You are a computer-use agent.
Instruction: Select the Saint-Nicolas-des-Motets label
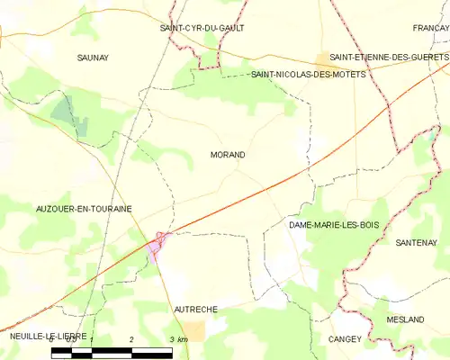click(x=309, y=75)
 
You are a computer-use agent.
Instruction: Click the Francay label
click(x=430, y=28)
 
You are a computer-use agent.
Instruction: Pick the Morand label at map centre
click(x=227, y=155)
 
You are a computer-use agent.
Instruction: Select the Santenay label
click(x=416, y=243)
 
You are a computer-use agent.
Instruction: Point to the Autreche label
click(x=195, y=309)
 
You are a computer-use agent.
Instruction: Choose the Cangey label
click(x=345, y=338)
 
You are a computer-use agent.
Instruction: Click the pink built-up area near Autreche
click(x=157, y=244)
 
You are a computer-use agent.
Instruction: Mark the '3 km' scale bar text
click(x=179, y=338)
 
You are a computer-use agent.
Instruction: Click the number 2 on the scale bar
click(x=131, y=338)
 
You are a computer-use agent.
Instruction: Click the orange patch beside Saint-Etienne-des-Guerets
click(x=321, y=58)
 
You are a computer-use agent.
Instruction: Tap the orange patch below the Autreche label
click(x=194, y=330)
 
